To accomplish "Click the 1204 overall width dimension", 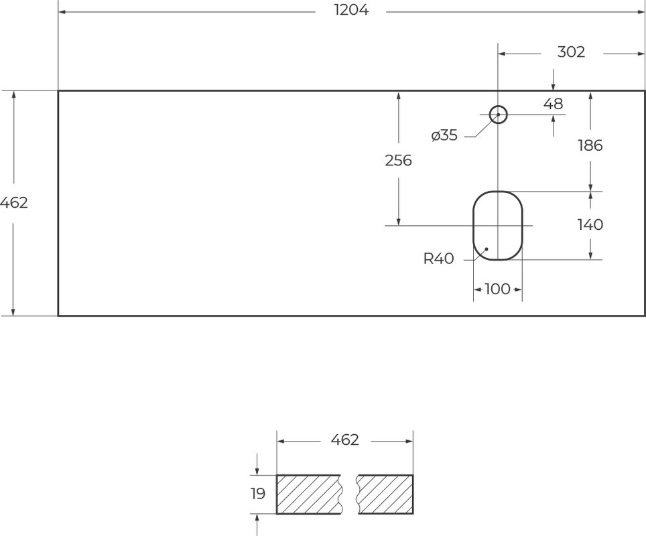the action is click(x=351, y=10).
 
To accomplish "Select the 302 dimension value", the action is click(x=571, y=52).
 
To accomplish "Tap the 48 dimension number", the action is click(x=553, y=104).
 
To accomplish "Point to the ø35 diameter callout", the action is click(x=444, y=135).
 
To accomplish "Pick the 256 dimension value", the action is click(x=399, y=160).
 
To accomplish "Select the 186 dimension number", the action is click(x=590, y=145).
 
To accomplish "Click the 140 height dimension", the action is click(x=590, y=224).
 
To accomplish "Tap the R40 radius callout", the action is click(x=439, y=259).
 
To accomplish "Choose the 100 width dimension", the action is click(x=497, y=289).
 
